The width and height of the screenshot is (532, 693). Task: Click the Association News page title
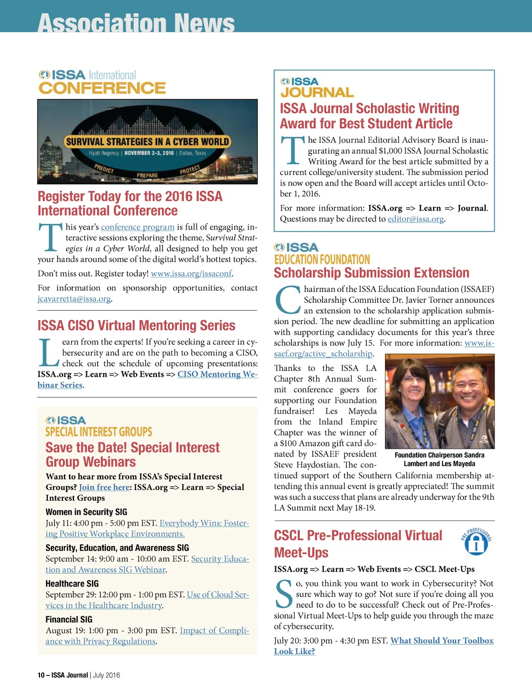point(136,22)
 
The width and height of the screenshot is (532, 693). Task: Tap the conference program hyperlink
point(138,227)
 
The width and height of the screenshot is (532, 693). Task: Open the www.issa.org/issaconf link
point(191,273)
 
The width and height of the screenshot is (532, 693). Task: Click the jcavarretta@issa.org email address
point(74,299)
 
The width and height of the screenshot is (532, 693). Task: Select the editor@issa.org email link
point(416,219)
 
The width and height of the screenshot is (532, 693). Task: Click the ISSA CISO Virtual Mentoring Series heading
point(136,326)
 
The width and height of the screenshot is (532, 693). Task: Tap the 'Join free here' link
point(104,487)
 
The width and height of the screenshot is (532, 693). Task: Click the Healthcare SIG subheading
point(72,584)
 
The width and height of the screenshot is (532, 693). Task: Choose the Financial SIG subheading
point(69,620)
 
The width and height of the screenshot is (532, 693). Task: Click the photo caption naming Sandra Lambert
point(439,459)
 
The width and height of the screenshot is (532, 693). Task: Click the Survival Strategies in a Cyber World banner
point(148,141)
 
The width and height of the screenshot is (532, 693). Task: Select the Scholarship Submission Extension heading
point(371,273)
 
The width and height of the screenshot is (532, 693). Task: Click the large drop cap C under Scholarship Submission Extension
point(287,300)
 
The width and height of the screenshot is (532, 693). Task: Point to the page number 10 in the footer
point(41,675)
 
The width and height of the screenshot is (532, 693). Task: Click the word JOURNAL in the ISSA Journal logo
point(317,92)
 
